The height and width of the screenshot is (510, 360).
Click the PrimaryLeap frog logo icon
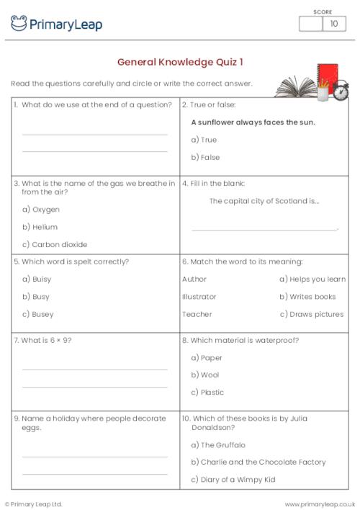[19, 24]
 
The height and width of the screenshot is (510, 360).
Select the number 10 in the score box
[333, 24]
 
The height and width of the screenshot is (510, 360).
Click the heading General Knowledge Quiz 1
[180, 62]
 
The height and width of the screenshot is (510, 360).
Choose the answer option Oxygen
[41, 210]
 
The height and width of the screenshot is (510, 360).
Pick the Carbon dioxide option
[55, 244]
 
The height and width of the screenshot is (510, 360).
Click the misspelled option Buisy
[37, 279]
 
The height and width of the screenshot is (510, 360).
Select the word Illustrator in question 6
[199, 297]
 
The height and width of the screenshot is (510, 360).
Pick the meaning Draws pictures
[311, 314]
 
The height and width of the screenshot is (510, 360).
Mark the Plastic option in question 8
[207, 393]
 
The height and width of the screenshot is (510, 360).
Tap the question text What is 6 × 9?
[42, 340]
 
